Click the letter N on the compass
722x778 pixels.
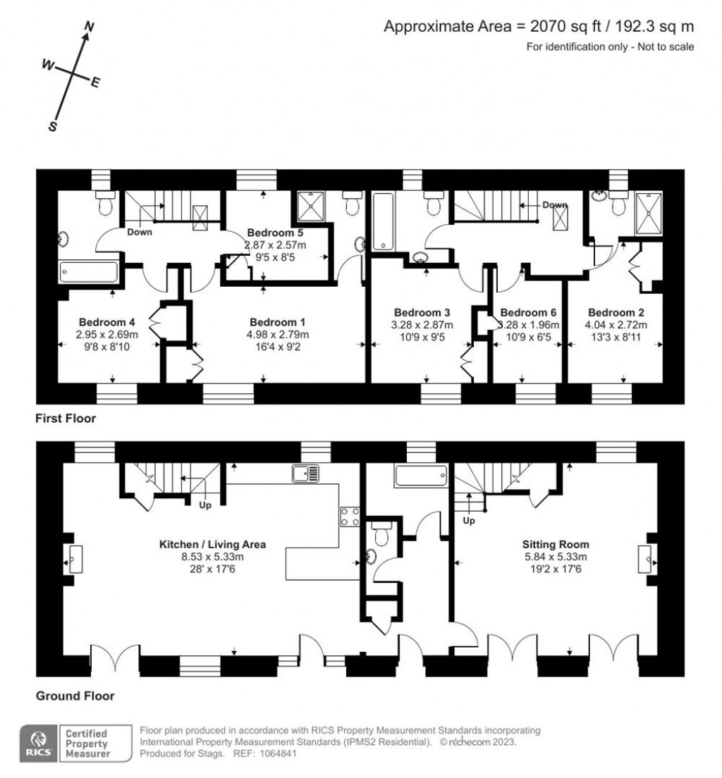89,27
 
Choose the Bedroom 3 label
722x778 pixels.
422,312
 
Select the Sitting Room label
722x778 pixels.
555,544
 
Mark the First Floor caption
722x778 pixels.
66,419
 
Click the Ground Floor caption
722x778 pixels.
75,696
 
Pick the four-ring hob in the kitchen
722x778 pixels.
350,517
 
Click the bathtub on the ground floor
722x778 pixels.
420,476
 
